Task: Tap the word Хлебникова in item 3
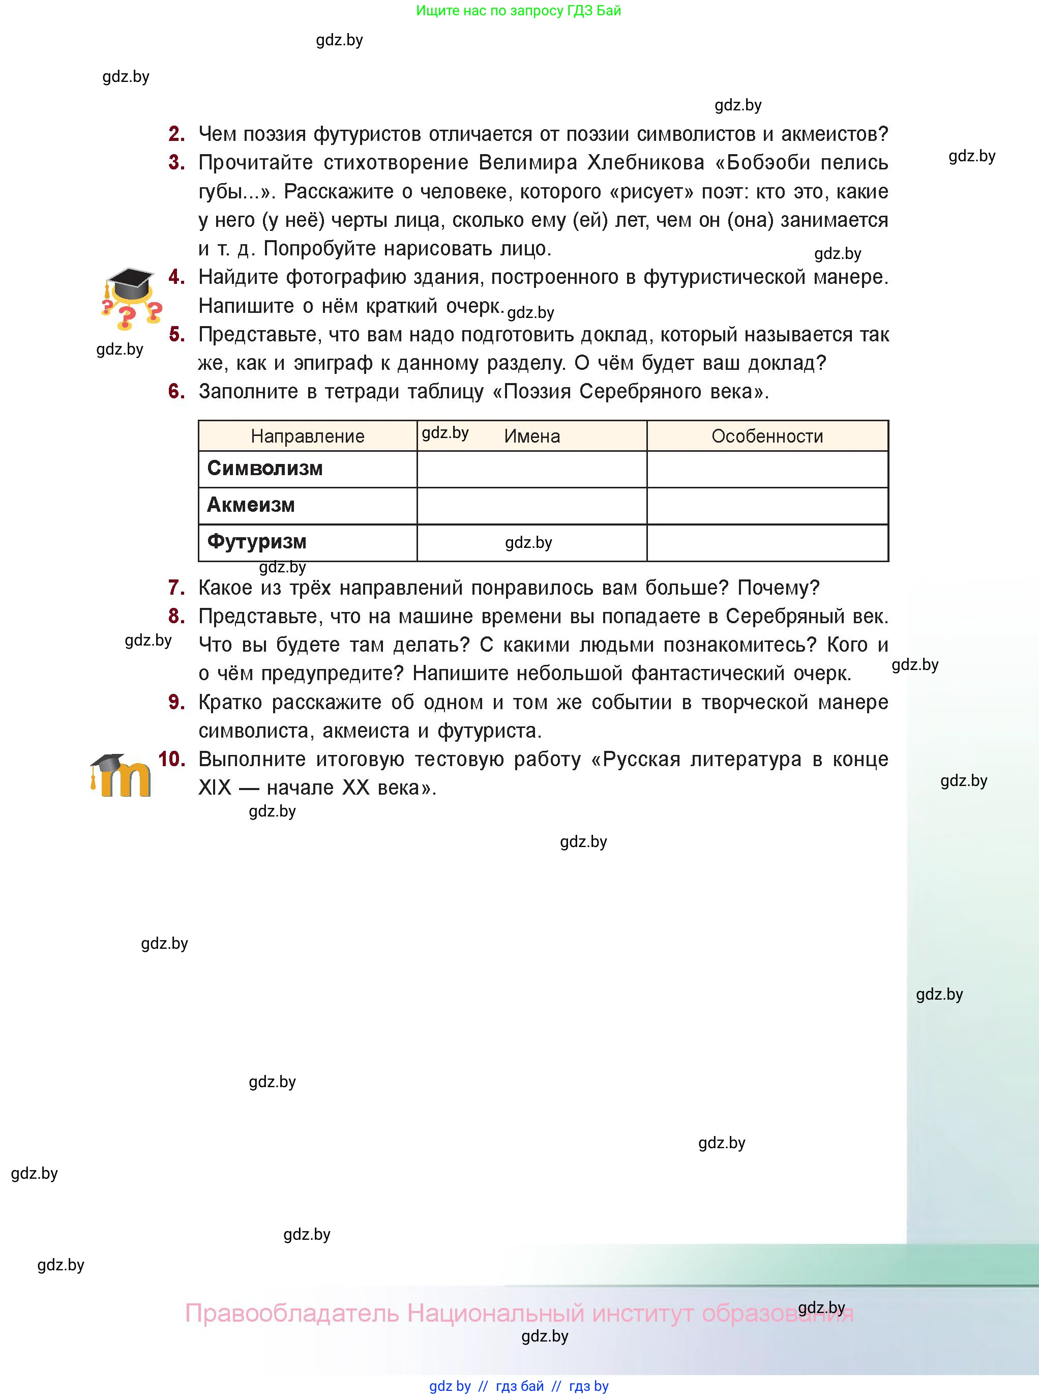(x=645, y=163)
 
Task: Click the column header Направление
(x=308, y=436)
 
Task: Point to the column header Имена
(x=532, y=436)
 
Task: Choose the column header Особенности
(x=767, y=436)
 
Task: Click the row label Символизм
(x=265, y=469)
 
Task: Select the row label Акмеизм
(x=251, y=505)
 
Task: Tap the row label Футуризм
(x=257, y=542)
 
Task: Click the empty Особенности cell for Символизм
(x=767, y=469)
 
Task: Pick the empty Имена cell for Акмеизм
(x=531, y=506)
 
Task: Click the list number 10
(x=171, y=759)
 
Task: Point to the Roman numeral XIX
(x=215, y=788)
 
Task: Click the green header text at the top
(x=518, y=11)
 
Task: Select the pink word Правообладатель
(x=292, y=1314)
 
